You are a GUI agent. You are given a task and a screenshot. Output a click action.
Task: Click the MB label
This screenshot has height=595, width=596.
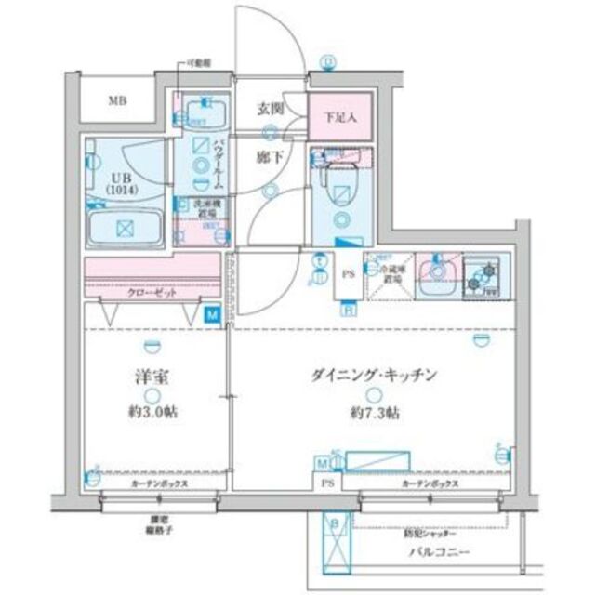[116, 100]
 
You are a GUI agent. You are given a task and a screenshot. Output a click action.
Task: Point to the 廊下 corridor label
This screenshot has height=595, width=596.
[269, 159]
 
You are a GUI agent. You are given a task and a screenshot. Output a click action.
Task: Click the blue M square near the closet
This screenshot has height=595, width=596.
[213, 315]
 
